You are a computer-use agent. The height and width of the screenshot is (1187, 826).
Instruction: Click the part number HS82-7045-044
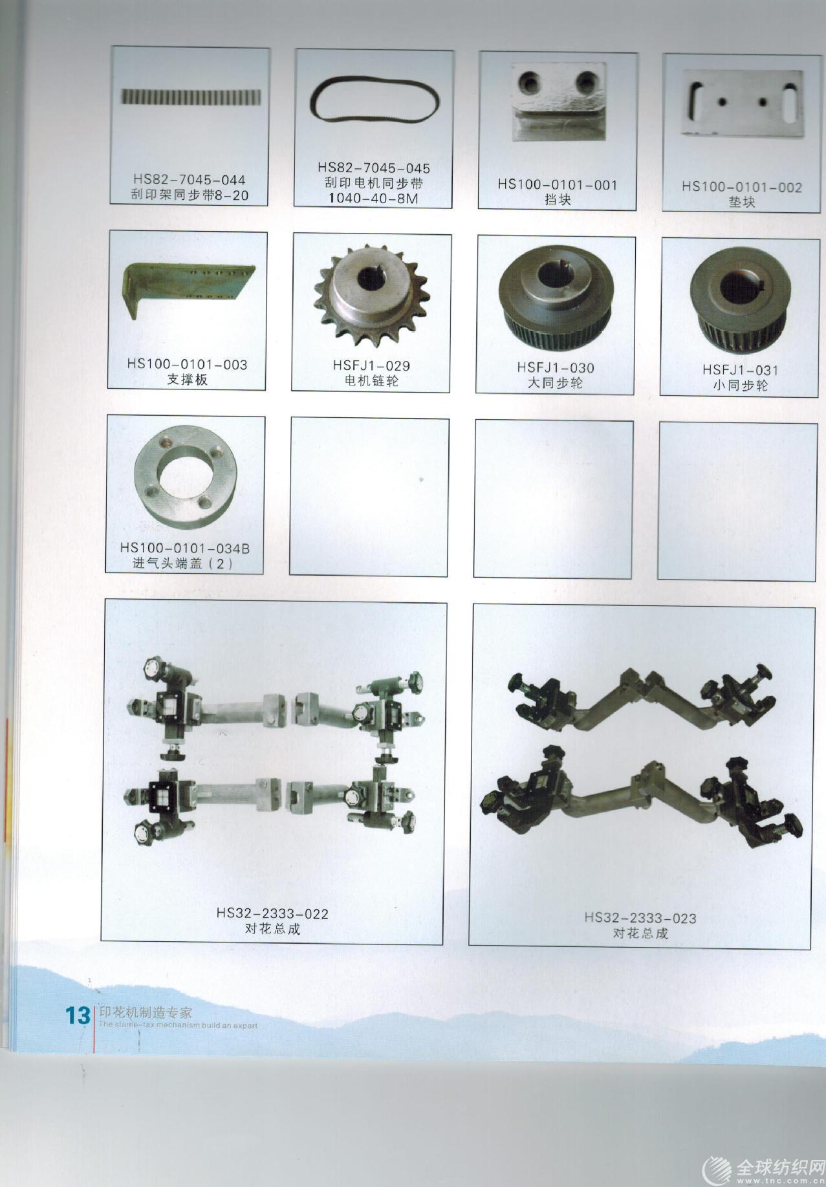coord(190,180)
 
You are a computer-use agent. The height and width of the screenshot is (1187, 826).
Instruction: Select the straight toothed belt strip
coord(191,96)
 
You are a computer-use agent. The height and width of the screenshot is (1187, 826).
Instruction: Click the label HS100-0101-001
coord(558,184)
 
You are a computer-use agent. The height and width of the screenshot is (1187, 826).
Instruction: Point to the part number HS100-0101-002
coord(741,187)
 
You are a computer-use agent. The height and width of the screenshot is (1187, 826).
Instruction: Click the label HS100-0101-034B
coord(185,548)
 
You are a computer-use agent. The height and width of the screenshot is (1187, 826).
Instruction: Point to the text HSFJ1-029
coord(371,365)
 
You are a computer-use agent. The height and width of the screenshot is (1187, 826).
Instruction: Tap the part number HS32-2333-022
coord(272,914)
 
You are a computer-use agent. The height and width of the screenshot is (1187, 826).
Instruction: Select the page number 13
coord(78,1015)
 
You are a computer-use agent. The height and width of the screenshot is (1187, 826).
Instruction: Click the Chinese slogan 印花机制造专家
coord(146,1013)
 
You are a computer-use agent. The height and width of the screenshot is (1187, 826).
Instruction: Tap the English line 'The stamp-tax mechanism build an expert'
coord(178,1025)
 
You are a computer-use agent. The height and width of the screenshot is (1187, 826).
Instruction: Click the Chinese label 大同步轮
coord(555,383)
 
